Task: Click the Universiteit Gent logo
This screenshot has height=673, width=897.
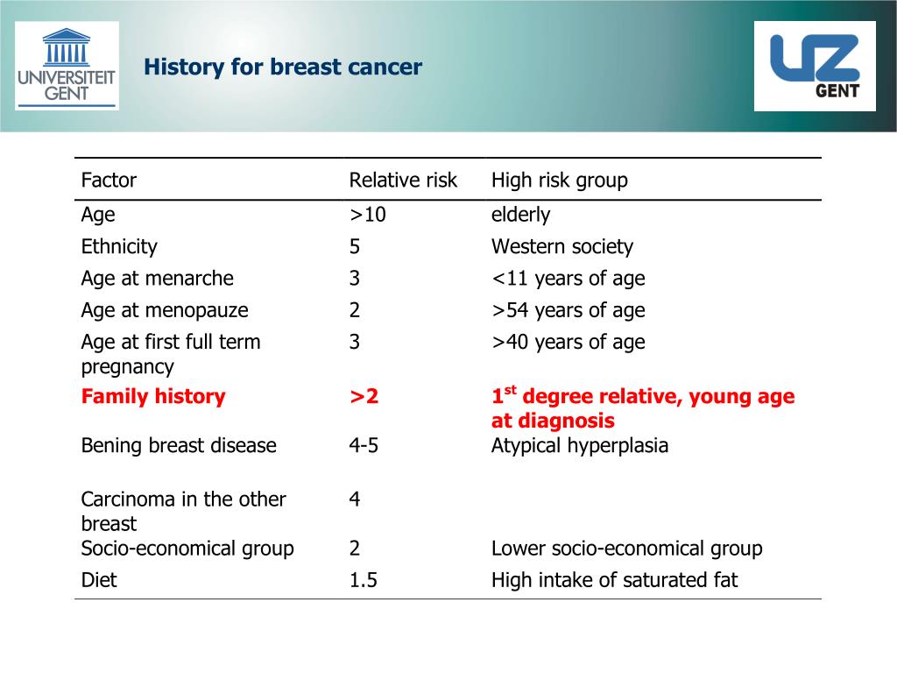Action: point(67,67)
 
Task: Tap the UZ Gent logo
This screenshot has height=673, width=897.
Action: point(815,67)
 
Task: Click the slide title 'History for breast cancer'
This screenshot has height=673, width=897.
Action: point(283,67)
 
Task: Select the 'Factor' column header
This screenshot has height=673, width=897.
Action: point(109,181)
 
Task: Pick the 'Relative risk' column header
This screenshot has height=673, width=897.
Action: point(403,181)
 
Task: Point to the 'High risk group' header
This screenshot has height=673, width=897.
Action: point(559,181)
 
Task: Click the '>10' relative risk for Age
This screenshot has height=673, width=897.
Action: point(367,215)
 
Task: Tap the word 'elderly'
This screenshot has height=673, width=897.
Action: point(520,215)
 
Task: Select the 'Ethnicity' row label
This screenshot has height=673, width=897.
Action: point(119,247)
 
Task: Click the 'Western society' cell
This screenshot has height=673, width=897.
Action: point(562,247)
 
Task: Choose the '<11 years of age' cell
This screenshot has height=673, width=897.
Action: point(568,279)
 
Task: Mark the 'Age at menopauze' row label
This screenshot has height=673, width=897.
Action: point(165,310)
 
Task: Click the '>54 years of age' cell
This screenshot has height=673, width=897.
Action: point(568,310)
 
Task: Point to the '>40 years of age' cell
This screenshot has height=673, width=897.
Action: point(568,342)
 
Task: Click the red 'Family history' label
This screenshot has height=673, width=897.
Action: point(153,396)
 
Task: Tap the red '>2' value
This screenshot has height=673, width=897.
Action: point(364,396)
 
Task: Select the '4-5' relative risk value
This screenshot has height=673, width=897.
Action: point(364,445)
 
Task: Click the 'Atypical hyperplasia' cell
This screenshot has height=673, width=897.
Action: point(579,445)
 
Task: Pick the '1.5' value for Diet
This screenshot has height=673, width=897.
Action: point(363,580)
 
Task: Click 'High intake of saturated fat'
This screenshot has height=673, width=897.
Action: point(614,580)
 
